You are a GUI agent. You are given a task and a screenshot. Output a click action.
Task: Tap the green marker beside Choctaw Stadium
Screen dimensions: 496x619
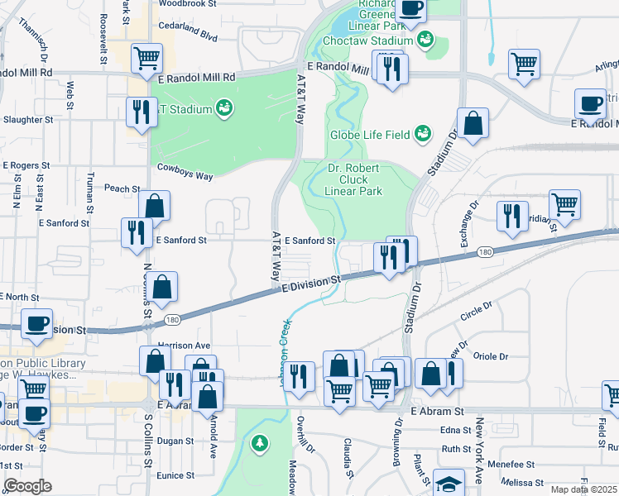point(425,40)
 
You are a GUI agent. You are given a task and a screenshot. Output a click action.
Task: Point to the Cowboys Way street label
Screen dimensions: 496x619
point(185,176)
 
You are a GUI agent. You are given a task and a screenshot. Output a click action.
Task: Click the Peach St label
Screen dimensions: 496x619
point(122,188)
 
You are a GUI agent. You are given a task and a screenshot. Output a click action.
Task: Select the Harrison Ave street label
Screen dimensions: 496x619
point(184,345)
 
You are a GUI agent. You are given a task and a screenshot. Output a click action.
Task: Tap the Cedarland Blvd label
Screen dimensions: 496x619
point(188,37)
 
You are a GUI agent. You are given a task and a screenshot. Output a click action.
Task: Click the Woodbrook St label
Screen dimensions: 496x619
point(186,3)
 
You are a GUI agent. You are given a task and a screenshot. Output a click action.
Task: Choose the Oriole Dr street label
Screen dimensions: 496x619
point(492,357)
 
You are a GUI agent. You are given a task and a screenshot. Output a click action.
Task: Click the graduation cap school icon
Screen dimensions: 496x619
point(449,484)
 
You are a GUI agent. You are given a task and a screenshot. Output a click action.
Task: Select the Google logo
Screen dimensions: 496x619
point(27,486)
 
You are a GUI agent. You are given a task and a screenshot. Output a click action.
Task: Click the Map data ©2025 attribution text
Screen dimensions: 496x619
point(583,489)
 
